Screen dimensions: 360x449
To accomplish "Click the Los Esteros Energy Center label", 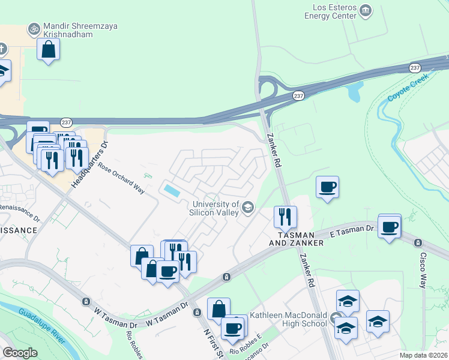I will (x=334, y=11).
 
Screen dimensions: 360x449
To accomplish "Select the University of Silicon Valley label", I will (x=214, y=208).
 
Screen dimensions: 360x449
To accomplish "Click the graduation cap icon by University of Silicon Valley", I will (x=247, y=208).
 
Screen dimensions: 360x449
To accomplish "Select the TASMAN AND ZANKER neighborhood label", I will (x=300, y=238).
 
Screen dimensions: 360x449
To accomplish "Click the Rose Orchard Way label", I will (x=122, y=179).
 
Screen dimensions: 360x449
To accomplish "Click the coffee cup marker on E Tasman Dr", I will (x=390, y=227).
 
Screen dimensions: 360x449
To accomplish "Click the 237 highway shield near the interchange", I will (x=298, y=96).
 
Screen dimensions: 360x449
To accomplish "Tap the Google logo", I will (x=19, y=353).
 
